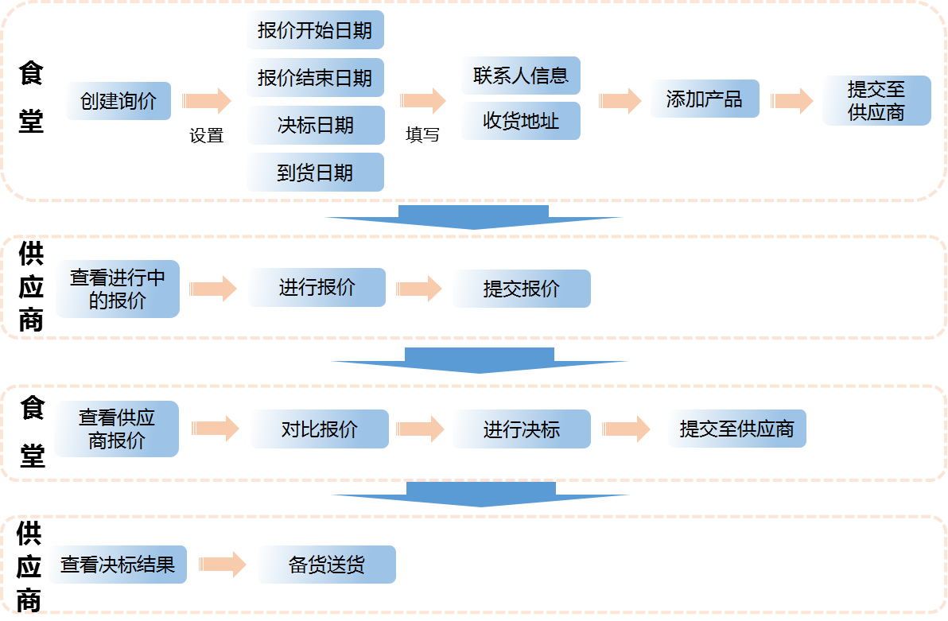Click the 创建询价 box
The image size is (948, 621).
pyautogui.click(x=118, y=101)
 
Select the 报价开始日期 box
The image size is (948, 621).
pyautogui.click(x=315, y=31)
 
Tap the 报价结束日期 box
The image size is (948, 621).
pyautogui.click(x=315, y=78)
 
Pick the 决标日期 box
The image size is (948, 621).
pyautogui.click(x=315, y=126)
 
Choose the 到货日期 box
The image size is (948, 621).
pyautogui.click(x=315, y=173)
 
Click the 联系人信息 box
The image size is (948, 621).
pyautogui.click(x=521, y=76)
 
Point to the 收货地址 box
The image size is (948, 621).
pyautogui.click(x=521, y=121)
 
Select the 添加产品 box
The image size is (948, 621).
pyautogui.click(x=704, y=99)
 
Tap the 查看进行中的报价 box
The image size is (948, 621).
pyautogui.click(x=118, y=289)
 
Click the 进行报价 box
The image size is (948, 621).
pyautogui.click(x=317, y=287)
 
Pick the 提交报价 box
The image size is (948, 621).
pyautogui.click(x=522, y=289)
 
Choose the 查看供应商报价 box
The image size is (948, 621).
pyautogui.click(x=116, y=429)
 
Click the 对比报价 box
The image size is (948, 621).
pyautogui.click(x=319, y=429)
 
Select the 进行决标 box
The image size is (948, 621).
pyautogui.click(x=522, y=429)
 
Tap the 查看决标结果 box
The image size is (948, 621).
pyautogui.click(x=118, y=565)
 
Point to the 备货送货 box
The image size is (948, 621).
pyautogui.click(x=326, y=565)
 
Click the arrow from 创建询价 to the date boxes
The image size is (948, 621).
pyautogui.click(x=207, y=101)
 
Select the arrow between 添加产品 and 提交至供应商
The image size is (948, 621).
pyautogui.click(x=792, y=101)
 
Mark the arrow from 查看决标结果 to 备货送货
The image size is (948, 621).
pyautogui.click(x=222, y=565)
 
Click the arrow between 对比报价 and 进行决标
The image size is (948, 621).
pyautogui.click(x=421, y=429)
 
